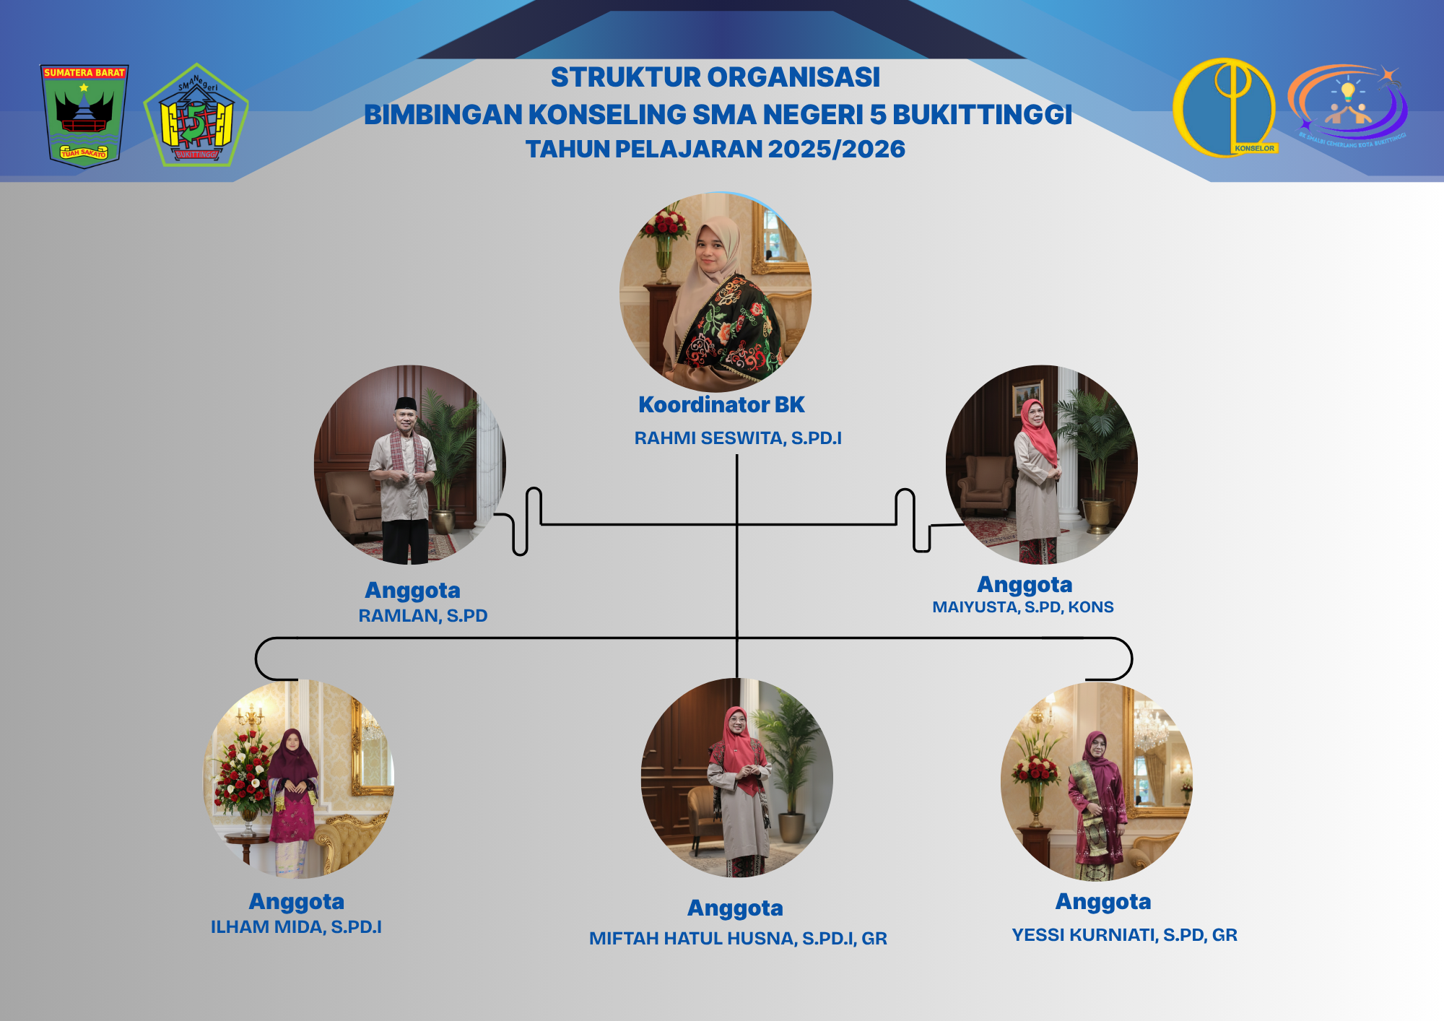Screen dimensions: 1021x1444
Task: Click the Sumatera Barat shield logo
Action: click(84, 115)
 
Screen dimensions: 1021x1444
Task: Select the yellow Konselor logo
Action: click(1225, 108)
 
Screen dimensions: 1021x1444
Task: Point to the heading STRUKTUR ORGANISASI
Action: click(716, 77)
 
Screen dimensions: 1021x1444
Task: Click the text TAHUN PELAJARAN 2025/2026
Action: click(716, 149)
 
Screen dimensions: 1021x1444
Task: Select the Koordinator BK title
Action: click(721, 405)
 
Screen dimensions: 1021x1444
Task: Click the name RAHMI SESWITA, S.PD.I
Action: click(738, 438)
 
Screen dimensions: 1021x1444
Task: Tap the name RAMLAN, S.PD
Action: click(423, 616)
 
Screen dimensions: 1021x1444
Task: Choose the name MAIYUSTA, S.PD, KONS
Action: click(1022, 607)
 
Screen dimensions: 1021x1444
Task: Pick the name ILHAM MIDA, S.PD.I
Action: click(296, 927)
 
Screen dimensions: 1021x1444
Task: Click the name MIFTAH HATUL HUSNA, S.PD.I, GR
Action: click(738, 939)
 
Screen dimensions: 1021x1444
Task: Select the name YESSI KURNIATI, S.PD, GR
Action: click(1124, 935)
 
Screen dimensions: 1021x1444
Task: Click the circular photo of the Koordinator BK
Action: click(716, 292)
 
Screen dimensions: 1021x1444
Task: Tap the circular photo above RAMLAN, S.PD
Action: click(409, 465)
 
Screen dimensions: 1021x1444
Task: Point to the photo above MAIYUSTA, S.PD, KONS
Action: click(1041, 465)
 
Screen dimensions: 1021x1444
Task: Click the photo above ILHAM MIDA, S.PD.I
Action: click(299, 779)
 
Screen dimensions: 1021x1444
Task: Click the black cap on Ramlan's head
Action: click(406, 403)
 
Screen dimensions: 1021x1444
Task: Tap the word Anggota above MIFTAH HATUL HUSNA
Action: click(735, 908)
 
